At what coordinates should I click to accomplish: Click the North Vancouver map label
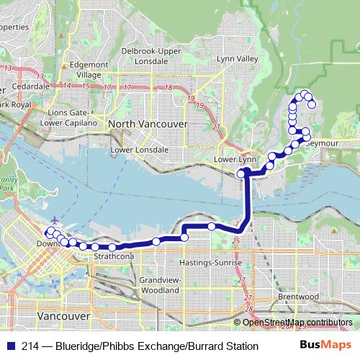[147, 124]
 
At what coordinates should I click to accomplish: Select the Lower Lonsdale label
[140, 150]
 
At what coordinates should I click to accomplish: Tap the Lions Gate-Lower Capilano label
[63, 118]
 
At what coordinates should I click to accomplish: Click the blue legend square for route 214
[11, 346]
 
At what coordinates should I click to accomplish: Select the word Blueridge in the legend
[78, 346]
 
